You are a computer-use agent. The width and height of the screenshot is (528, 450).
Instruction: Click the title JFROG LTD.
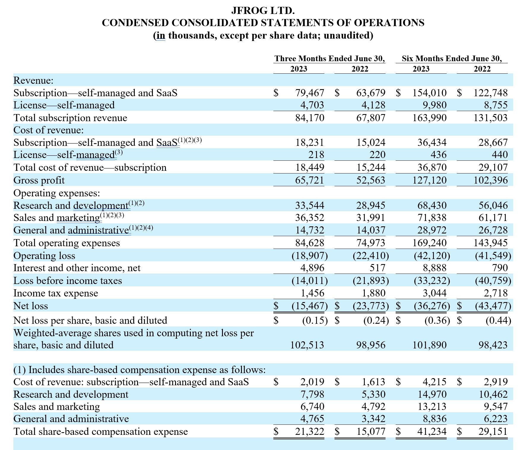pos(263,11)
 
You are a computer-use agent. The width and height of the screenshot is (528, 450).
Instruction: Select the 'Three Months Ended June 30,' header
pos(329,59)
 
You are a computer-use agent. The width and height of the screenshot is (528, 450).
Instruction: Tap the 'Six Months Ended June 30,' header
pos(452,59)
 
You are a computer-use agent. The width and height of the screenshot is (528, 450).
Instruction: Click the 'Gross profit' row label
pos(39,180)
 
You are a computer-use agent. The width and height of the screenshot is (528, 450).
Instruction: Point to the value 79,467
pos(310,93)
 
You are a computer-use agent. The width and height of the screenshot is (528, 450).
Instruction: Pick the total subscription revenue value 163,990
pos(429,118)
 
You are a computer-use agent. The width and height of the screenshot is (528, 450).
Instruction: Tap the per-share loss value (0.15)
pos(315,320)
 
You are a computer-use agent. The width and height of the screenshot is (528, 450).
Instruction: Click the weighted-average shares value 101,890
pos(429,345)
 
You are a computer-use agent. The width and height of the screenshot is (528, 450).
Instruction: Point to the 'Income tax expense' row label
pos(56,293)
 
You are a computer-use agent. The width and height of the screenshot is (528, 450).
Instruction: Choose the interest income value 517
pos(377,268)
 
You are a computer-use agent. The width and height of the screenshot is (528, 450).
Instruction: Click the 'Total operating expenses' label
pos(67,243)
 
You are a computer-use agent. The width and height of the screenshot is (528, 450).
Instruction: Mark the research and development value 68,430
pos(432,206)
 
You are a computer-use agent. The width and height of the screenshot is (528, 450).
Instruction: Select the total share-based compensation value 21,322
pos(310,431)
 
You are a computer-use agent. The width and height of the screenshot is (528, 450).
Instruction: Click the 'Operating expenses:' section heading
pos(57,193)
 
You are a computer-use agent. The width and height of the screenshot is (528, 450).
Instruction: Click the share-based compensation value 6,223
pos(496,419)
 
